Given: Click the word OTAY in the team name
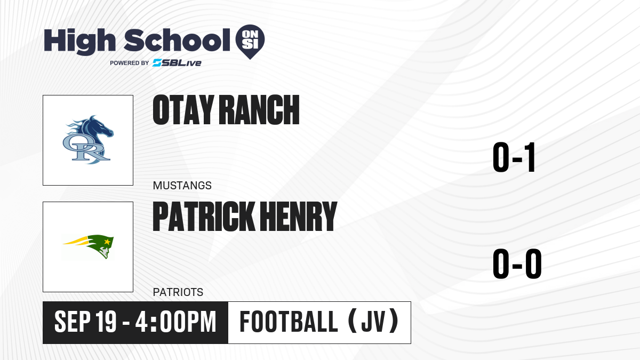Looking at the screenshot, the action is [x=183, y=110].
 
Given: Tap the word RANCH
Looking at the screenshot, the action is [x=259, y=110].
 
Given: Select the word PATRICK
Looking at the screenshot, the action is [x=204, y=216].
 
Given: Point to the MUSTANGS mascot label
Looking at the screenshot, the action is [x=182, y=186].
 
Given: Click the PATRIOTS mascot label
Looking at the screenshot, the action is [x=178, y=292].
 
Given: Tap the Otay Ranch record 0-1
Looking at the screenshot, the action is [x=514, y=157].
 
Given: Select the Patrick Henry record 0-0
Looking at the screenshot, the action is [x=517, y=263].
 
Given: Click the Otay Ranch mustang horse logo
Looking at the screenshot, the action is [x=88, y=140].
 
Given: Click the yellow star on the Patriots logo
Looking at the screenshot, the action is [x=107, y=242].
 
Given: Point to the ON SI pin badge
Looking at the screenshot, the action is [x=250, y=42].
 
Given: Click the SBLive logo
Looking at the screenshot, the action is [x=177, y=63].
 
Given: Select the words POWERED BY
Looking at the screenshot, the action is [x=130, y=63].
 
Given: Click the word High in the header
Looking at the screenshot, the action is [x=80, y=42].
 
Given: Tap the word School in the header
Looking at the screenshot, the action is [x=177, y=40].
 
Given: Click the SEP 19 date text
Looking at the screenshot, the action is [x=85, y=322].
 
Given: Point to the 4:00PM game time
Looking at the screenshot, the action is [x=175, y=322].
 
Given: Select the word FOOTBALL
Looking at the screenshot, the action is [x=289, y=322].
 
